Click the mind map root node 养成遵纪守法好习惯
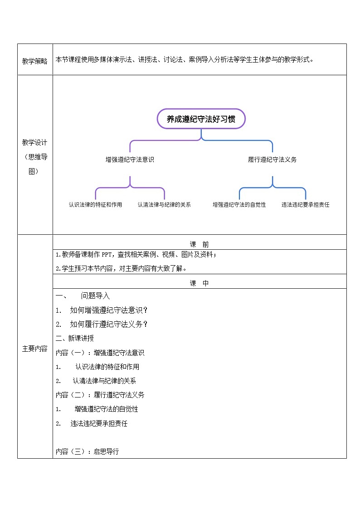(x=201, y=119)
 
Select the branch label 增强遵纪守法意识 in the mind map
(x=130, y=160)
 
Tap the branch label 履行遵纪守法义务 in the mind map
(x=272, y=160)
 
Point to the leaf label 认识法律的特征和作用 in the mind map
(x=95, y=205)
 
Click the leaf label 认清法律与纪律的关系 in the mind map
(x=164, y=205)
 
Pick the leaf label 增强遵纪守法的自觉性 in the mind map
(x=239, y=205)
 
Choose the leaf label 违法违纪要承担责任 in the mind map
(x=305, y=205)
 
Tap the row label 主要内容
(x=35, y=349)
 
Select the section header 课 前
(x=199, y=244)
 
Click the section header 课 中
(x=199, y=283)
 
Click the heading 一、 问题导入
(x=83, y=296)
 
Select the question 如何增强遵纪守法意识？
(x=109, y=310)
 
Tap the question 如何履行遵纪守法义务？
(x=109, y=325)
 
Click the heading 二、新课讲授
(x=75, y=338)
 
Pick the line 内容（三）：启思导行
(x=87, y=451)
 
